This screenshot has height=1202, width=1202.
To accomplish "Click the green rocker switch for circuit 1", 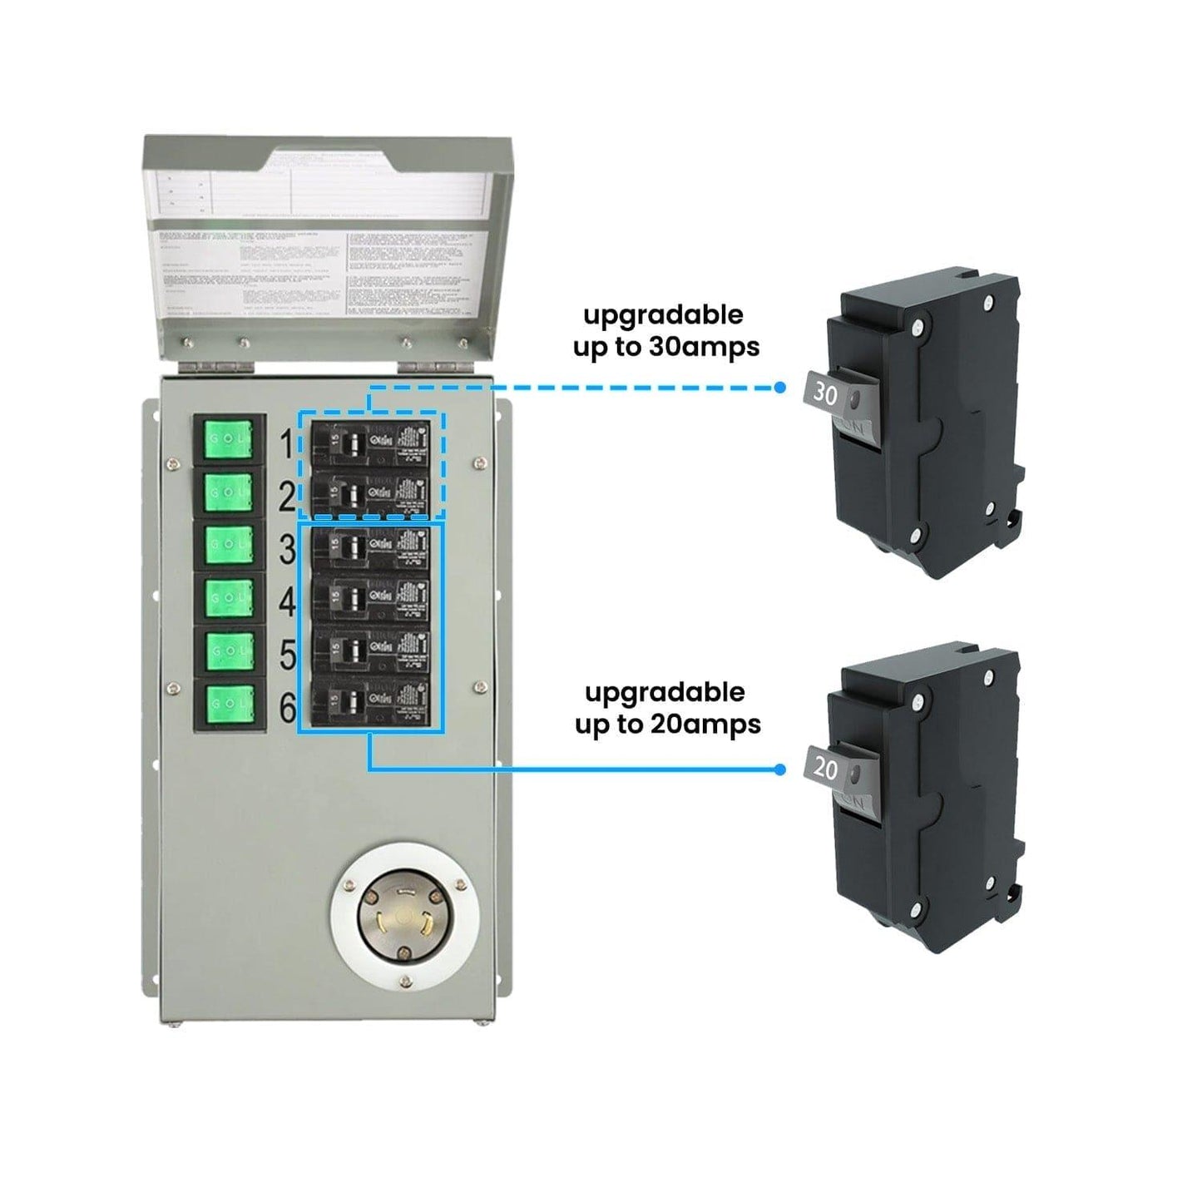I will (x=229, y=438).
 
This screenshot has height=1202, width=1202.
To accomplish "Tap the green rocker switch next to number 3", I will (x=229, y=545).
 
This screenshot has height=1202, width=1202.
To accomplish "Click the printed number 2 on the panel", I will (x=287, y=497).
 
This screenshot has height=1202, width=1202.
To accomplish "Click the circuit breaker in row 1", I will (x=370, y=443).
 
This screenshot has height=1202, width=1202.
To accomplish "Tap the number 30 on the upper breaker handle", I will (x=824, y=393).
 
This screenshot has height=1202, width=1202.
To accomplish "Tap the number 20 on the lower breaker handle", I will (x=825, y=768).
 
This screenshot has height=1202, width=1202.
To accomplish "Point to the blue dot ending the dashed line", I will (x=779, y=388).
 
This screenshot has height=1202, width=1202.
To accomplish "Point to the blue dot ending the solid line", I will (x=779, y=769).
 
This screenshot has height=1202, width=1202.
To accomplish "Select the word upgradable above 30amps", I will (x=663, y=315).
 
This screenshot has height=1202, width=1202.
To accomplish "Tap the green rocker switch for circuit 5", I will (x=229, y=651).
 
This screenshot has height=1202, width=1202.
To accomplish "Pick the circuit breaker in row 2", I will (x=370, y=495).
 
